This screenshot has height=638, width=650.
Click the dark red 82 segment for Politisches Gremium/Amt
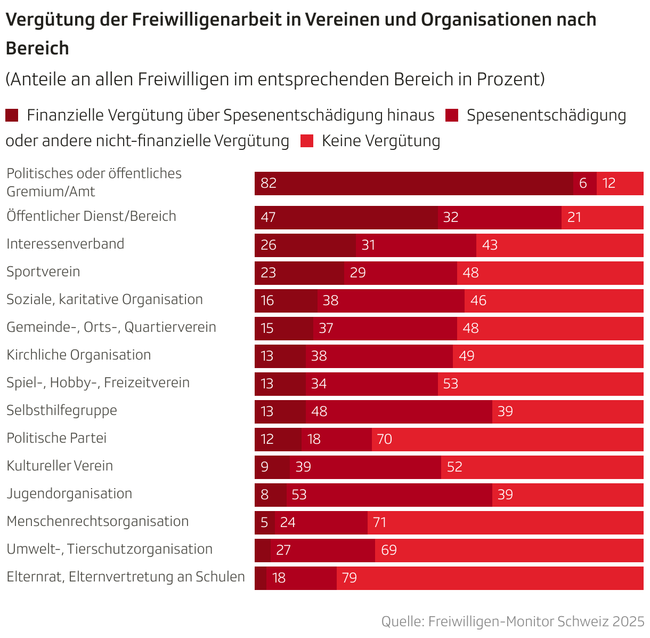click(413, 184)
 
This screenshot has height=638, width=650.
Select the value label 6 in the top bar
click(583, 184)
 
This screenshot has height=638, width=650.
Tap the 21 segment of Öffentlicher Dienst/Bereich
click(602, 218)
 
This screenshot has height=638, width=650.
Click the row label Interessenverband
click(65, 244)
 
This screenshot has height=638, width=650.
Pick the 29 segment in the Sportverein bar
click(400, 273)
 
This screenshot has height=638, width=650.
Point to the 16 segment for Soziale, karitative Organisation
click(286, 301)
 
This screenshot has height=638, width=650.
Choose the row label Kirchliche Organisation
click(78, 355)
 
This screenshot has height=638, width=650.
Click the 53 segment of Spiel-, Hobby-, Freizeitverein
click(540, 384)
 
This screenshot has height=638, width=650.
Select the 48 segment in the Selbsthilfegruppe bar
click(399, 412)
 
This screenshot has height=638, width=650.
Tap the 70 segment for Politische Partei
click(507, 440)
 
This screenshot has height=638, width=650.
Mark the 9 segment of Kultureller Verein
click(272, 467)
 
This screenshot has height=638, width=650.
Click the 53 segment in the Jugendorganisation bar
click(389, 495)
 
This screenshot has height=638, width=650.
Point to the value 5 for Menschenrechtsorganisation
click(264, 522)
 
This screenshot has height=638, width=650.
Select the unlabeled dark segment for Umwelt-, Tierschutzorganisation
click(262, 551)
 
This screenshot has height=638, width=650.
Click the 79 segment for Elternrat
click(490, 578)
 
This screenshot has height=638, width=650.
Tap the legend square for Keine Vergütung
click(307, 141)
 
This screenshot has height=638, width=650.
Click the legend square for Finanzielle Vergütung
click(12, 115)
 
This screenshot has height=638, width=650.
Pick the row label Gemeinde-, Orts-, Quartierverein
click(111, 327)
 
